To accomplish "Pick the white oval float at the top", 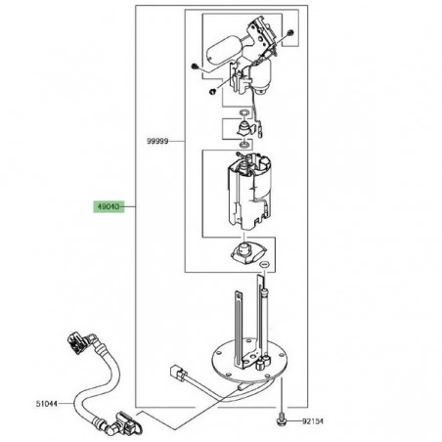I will [219, 45].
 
